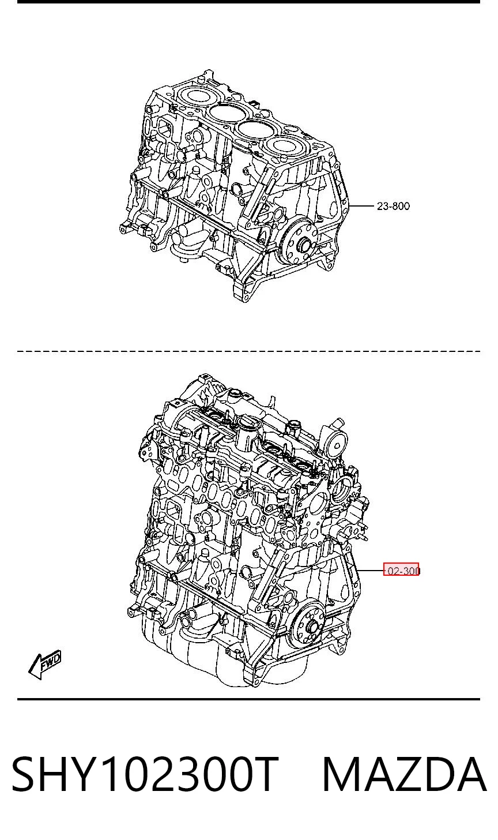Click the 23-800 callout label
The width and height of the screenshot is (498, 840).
coord(393,206)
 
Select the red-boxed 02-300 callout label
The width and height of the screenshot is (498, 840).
coord(401,571)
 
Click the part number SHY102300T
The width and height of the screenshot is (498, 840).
coord(145,774)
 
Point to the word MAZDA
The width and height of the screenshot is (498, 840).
coord(404,774)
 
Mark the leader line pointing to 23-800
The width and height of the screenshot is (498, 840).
coord(361,206)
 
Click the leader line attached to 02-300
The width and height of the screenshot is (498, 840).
coord(370,571)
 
